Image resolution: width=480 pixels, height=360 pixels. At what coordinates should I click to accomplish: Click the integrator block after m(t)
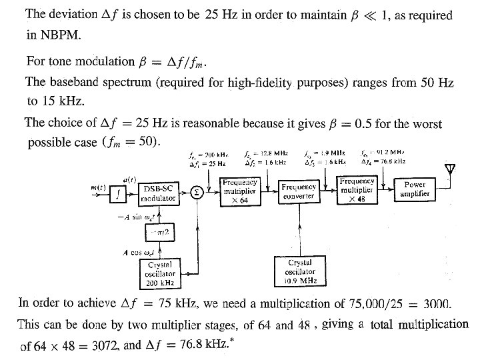pos(119,194)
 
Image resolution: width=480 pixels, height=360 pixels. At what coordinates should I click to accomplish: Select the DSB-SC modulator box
pos(158,194)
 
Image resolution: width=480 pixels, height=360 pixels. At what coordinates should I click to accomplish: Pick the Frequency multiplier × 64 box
pos(240,191)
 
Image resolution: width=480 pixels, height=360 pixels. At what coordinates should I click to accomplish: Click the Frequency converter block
pos(299,192)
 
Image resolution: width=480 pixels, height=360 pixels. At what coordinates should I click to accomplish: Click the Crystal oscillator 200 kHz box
pos(160,274)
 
